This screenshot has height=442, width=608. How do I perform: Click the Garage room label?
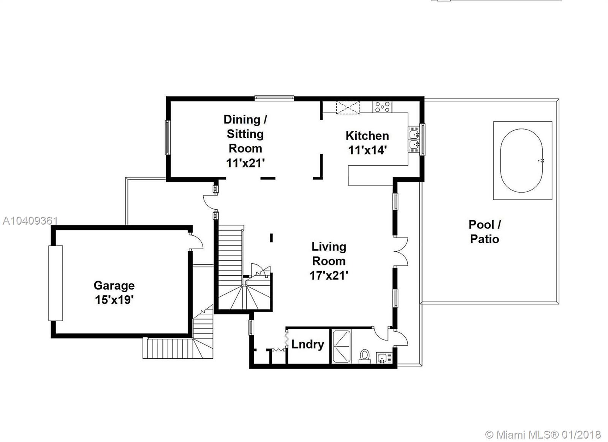[114, 286]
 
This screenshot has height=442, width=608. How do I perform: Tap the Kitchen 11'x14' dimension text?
[367, 150]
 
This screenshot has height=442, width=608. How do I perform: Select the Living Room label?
[329, 254]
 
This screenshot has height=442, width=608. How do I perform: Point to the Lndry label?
[307, 344]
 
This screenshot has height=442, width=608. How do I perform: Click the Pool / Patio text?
[484, 231]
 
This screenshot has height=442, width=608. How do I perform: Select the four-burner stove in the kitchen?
[382, 106]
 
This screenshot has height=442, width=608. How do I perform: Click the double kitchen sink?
[414, 139]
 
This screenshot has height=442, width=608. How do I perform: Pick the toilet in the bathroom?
[365, 356]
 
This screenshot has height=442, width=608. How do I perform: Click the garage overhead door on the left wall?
[55, 283]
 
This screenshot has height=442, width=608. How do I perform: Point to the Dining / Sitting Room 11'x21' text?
[245, 141]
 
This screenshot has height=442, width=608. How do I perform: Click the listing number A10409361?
[30, 221]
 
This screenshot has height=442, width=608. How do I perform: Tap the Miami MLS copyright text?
[543, 434]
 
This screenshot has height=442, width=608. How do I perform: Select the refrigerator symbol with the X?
[348, 107]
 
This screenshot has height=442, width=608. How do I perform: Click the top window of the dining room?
[274, 98]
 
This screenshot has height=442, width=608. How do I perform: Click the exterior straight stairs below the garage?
[167, 347]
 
